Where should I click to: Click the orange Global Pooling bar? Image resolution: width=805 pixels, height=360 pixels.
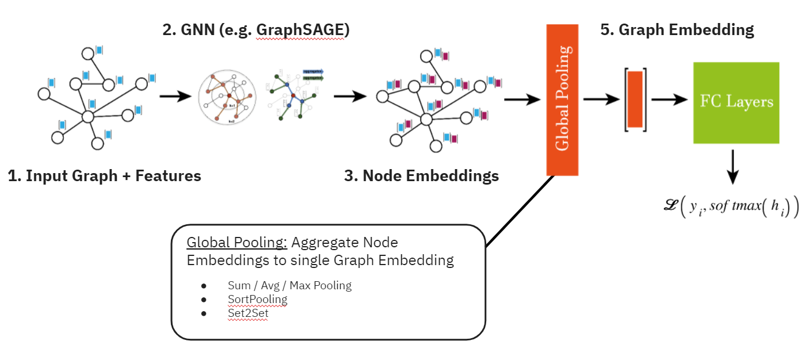562,99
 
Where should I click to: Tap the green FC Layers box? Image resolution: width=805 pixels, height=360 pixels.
736,102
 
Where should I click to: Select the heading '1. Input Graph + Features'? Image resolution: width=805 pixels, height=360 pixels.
105,176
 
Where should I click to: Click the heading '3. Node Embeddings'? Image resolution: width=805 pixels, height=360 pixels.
421,176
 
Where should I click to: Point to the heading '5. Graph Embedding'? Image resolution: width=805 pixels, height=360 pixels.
677,30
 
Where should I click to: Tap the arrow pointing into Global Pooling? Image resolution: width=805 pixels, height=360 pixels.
522,99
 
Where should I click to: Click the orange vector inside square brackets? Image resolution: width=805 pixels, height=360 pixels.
635,99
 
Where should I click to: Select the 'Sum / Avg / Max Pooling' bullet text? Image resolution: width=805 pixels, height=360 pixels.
289,285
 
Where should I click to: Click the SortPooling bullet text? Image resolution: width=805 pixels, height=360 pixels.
257,300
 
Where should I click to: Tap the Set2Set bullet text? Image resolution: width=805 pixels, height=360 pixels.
248,314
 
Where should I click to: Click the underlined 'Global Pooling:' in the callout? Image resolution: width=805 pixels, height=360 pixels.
237,244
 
